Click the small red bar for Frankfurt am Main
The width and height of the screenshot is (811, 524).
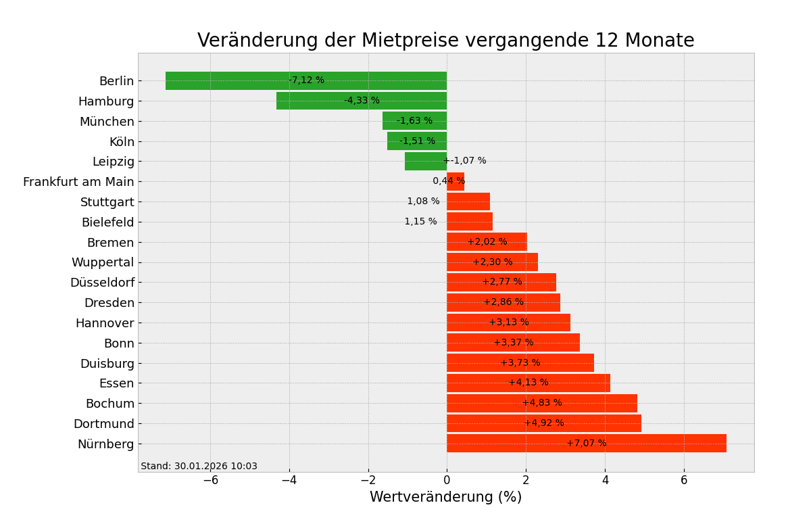coord(456,181)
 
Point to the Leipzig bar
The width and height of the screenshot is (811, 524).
coord(424,161)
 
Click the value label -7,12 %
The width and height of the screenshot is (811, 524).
coord(306,80)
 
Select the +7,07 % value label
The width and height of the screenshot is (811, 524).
coord(586,444)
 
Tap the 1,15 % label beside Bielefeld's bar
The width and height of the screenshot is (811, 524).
coord(420,222)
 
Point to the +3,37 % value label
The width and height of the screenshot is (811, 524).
coord(513,343)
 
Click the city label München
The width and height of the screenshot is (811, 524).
coord(107,122)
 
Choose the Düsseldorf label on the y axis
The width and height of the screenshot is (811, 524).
coord(102,283)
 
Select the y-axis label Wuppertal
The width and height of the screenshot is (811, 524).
coord(103,262)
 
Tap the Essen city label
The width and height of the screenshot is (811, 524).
coord(116,383)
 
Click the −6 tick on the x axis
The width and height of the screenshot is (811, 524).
coord(210,480)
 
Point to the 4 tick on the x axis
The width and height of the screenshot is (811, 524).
coord(605,480)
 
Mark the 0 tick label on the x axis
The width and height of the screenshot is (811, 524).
coord(447,480)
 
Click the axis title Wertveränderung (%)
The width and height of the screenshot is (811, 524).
coord(445,498)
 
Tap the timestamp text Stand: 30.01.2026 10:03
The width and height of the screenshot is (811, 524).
coord(199,467)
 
